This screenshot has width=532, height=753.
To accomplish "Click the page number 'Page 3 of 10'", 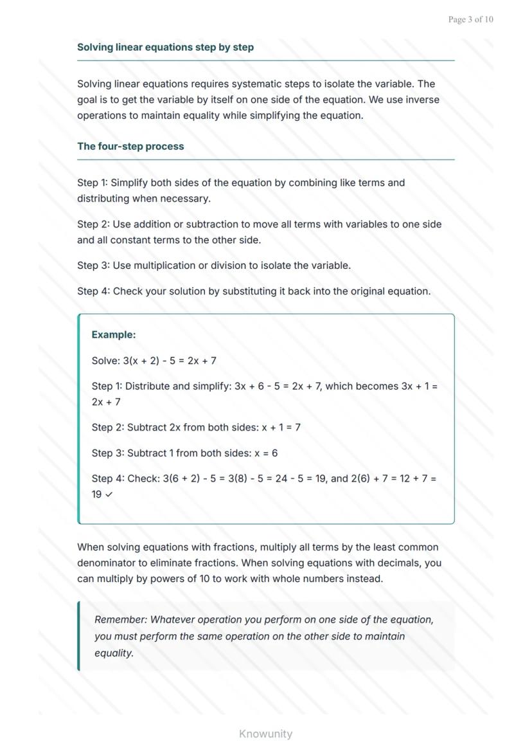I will click(470, 19).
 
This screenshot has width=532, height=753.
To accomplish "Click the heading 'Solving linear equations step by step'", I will click(165, 47).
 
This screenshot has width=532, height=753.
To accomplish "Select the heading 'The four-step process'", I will click(130, 146).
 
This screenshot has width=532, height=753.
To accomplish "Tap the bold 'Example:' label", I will click(114, 334).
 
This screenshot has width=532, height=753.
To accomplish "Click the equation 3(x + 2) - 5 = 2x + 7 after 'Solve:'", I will click(170, 361).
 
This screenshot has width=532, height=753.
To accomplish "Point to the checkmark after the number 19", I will click(108, 494).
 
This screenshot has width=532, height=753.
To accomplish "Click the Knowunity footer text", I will click(265, 734).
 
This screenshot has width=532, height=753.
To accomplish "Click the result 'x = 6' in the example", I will click(266, 453).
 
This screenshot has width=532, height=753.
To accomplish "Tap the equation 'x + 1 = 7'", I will click(281, 428).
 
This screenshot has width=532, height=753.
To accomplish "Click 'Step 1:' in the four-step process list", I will click(93, 183).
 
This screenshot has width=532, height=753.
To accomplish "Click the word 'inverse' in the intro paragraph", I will click(422, 100).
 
